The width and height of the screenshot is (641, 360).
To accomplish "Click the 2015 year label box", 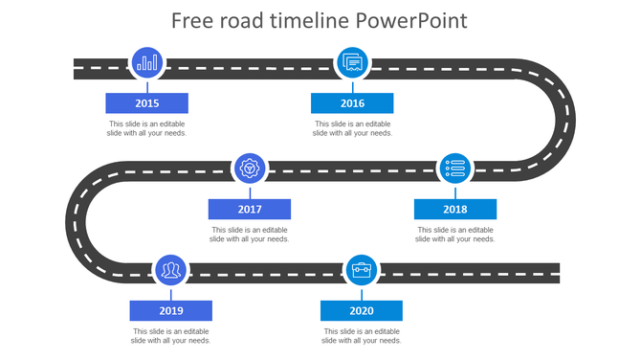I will tap(146, 103).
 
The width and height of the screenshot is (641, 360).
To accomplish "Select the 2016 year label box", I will tap(352, 103).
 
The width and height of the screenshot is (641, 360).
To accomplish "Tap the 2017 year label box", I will tap(250, 209).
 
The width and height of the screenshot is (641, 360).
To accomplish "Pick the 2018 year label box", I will tap(455, 209).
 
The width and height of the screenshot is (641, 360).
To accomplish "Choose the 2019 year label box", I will tap(171, 311).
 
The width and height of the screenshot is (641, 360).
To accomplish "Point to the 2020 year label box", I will tap(362, 311).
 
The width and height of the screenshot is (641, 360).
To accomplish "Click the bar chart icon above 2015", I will tap(147, 63).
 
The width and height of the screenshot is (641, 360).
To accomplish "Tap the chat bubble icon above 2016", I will tap(352, 63).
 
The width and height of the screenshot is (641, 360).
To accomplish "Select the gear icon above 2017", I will tap(250, 169).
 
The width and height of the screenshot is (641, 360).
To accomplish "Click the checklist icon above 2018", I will tap(455, 169).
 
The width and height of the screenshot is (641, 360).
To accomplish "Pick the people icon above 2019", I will tap(171, 271).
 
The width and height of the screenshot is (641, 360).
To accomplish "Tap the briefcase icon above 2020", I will tap(362, 271).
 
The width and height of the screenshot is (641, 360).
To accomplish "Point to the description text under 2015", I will tap(146, 128).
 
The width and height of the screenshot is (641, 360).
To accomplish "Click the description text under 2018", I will tap(455, 235).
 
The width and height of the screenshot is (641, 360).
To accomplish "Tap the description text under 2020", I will tap(362, 336).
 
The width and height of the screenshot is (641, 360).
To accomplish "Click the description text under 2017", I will tap(250, 235).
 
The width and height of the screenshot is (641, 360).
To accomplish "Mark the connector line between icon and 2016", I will tap(352, 86).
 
